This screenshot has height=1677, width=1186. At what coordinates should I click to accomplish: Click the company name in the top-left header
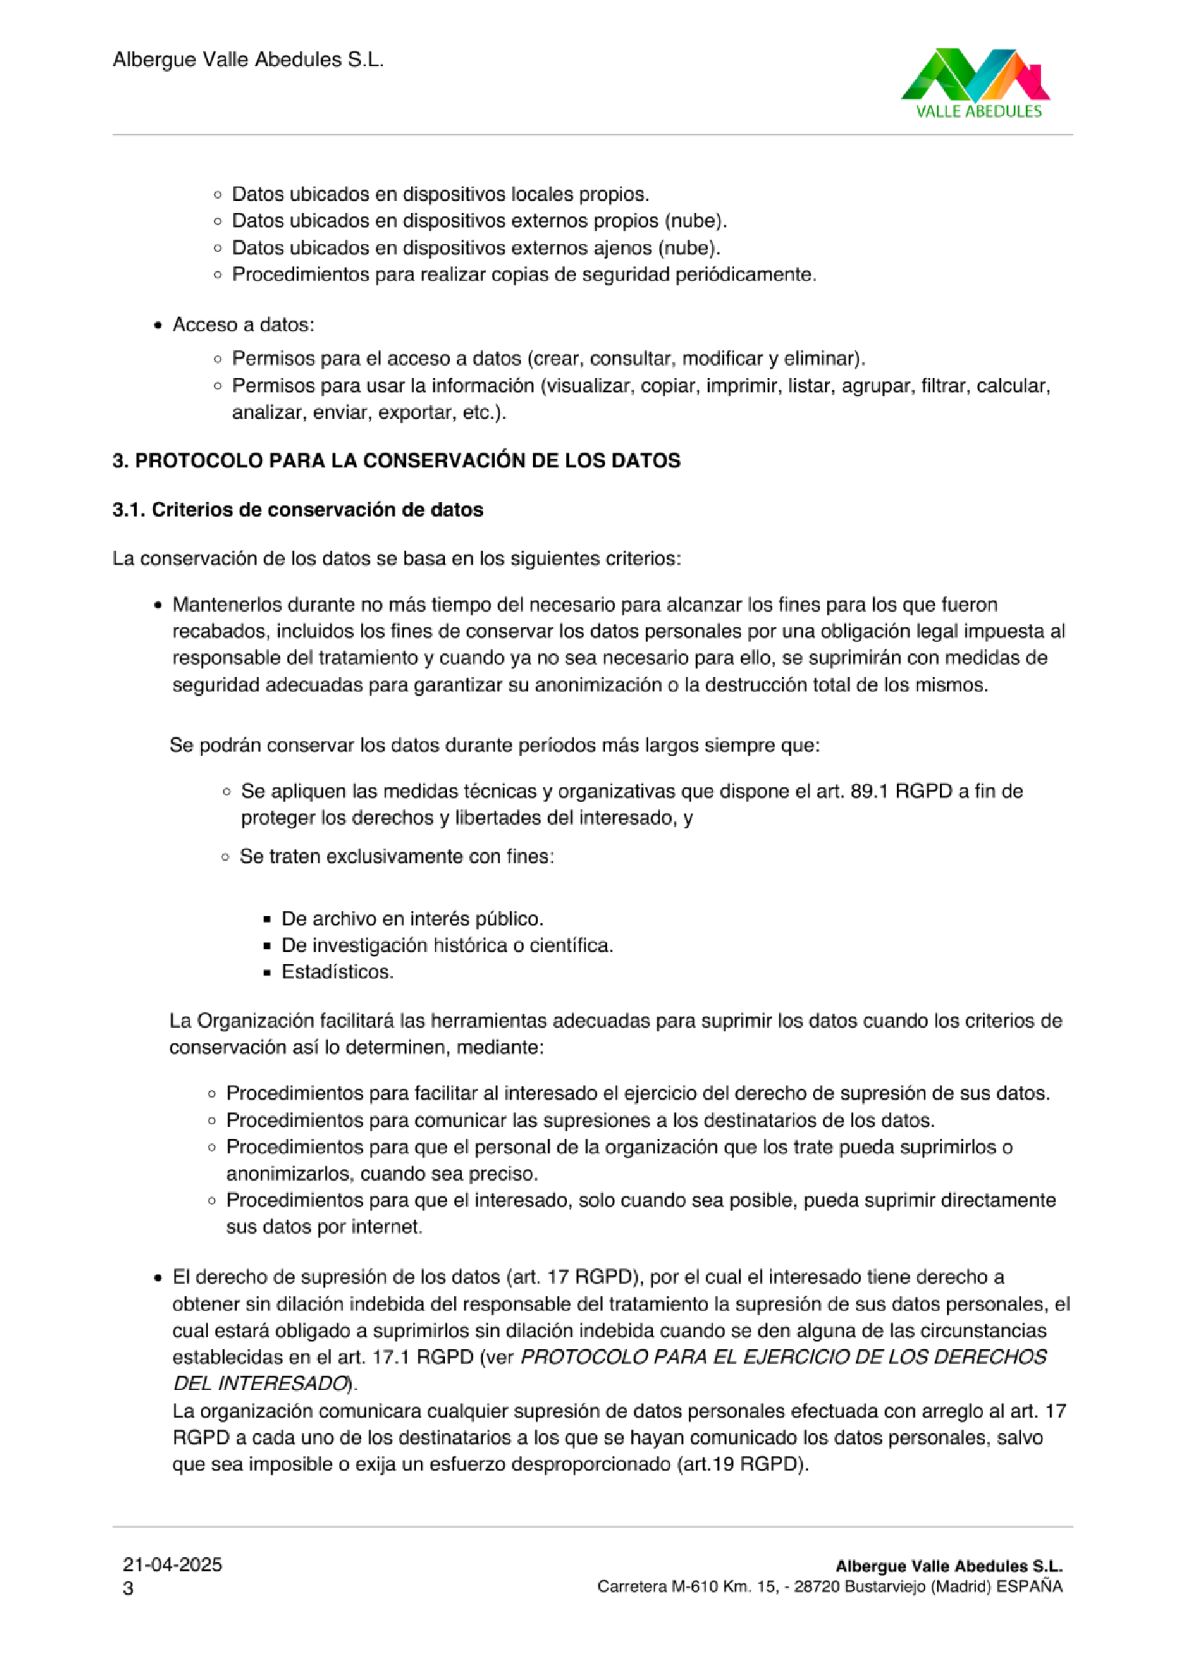[x=248, y=60]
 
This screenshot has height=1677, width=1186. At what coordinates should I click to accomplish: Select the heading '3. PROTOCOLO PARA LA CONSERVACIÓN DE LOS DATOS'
[x=396, y=461]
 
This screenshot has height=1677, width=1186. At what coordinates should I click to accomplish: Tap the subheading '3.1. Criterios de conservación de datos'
[x=298, y=510]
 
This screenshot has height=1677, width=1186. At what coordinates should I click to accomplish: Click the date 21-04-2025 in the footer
[x=172, y=1564]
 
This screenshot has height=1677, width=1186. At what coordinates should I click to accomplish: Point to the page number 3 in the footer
[x=128, y=1589]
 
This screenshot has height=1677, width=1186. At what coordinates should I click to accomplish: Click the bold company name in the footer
[x=949, y=1566]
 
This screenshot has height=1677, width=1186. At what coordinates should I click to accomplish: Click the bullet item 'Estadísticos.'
[x=337, y=972]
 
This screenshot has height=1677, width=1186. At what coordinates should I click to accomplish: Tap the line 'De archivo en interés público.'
[x=412, y=919]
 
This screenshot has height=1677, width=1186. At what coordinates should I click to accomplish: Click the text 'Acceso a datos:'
[x=243, y=325]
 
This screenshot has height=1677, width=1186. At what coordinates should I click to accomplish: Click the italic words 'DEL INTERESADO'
[x=260, y=1384]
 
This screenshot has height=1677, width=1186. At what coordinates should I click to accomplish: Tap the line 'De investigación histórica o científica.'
[x=447, y=946]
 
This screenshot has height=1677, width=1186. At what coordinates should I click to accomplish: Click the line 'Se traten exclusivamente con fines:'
[x=397, y=856]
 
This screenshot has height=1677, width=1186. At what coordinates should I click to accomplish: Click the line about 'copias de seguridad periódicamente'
[x=524, y=275]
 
